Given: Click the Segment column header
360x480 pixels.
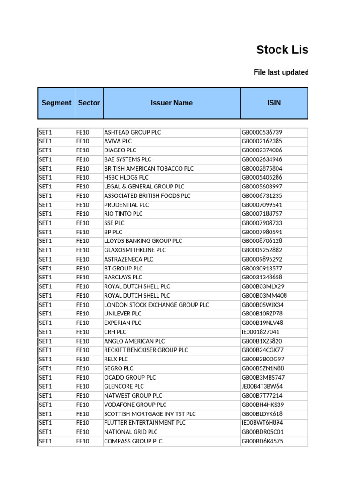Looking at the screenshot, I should coord(56,103).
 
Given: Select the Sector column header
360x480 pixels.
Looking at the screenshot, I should coord(89,103).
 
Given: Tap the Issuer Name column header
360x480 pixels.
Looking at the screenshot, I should coord(172,103).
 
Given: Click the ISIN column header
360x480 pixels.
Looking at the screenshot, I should coord(274,103).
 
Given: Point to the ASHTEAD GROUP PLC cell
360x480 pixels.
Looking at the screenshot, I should coord(132,132).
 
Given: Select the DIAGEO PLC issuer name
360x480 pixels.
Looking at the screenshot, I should coord(120,150).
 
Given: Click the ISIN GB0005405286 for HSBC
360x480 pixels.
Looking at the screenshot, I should coord(262,178).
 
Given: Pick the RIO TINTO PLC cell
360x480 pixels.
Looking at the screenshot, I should coord(123,214).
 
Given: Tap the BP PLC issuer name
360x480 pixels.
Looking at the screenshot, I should coord(113,232).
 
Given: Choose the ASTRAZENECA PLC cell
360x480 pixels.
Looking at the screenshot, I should coord(128,259).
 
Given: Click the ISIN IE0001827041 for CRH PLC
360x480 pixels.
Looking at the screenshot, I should coord(261,332).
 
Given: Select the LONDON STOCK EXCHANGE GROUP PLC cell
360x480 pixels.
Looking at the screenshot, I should coord(157,305).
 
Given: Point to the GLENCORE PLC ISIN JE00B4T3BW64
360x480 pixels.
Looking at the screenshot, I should coord(262,387).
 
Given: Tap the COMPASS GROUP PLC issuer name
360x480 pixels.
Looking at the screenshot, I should coord(133,441).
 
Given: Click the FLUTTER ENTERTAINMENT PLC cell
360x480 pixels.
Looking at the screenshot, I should coord(145,423).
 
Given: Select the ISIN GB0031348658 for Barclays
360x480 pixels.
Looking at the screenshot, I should coord(262,277).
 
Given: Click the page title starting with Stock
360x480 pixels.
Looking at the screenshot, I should coord(282,50).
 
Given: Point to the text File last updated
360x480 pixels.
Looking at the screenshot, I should coord(281,72).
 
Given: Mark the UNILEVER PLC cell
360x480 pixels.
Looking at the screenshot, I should coord(122,314).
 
